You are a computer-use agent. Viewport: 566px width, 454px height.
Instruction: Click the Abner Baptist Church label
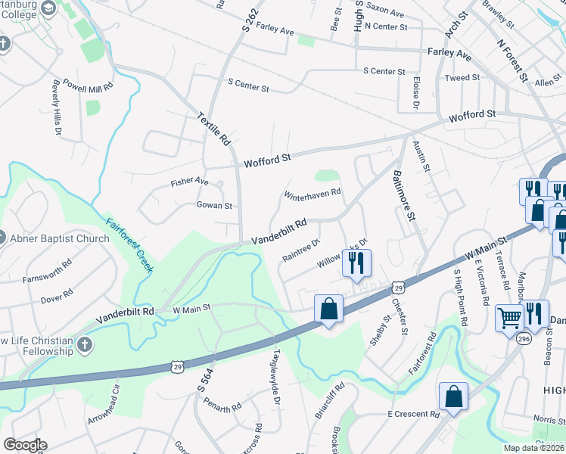[x=59, y=238]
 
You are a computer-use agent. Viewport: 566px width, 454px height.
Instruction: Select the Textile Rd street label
[x=213, y=129]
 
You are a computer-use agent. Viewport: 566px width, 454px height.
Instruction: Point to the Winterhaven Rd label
[x=313, y=194]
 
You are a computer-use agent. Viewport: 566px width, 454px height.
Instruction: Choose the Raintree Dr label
[x=302, y=248]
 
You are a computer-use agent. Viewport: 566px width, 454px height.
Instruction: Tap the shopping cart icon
[x=509, y=317]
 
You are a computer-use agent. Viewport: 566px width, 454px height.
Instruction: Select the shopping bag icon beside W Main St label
[x=328, y=308]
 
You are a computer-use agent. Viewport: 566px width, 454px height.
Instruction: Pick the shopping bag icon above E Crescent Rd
[x=453, y=396]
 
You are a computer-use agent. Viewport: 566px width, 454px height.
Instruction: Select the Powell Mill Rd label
[x=88, y=85]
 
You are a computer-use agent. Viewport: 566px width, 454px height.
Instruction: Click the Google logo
[x=25, y=445]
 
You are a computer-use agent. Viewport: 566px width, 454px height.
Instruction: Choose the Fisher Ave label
[x=189, y=182]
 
